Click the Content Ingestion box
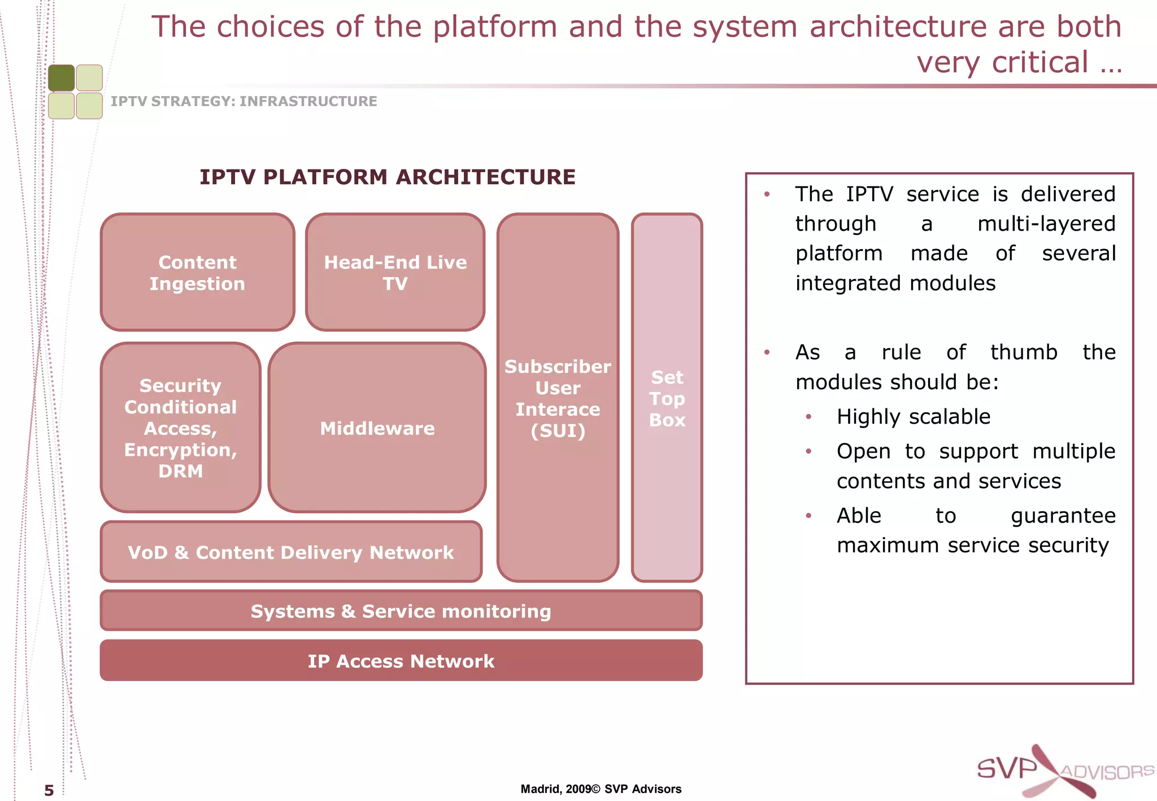pos(197,272)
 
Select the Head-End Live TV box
pos(395,272)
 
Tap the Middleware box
pos(377,428)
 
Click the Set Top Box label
pos(667,398)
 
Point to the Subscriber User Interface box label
pos(558,398)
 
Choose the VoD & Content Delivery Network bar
pos(291,552)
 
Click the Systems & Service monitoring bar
pos(401,611)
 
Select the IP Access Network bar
pos(401,661)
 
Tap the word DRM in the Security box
pos(180,471)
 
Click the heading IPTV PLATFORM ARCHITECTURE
pos(388,177)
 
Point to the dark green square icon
pos(61,78)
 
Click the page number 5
pos(49,790)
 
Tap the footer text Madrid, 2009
pos(555,789)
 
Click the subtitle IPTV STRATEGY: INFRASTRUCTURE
pos(243,101)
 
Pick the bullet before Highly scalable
pos(808,417)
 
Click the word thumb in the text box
pos(1023,352)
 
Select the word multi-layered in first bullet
pos(1046,224)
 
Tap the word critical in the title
pos(1039,62)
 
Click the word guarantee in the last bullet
pos(1063,516)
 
